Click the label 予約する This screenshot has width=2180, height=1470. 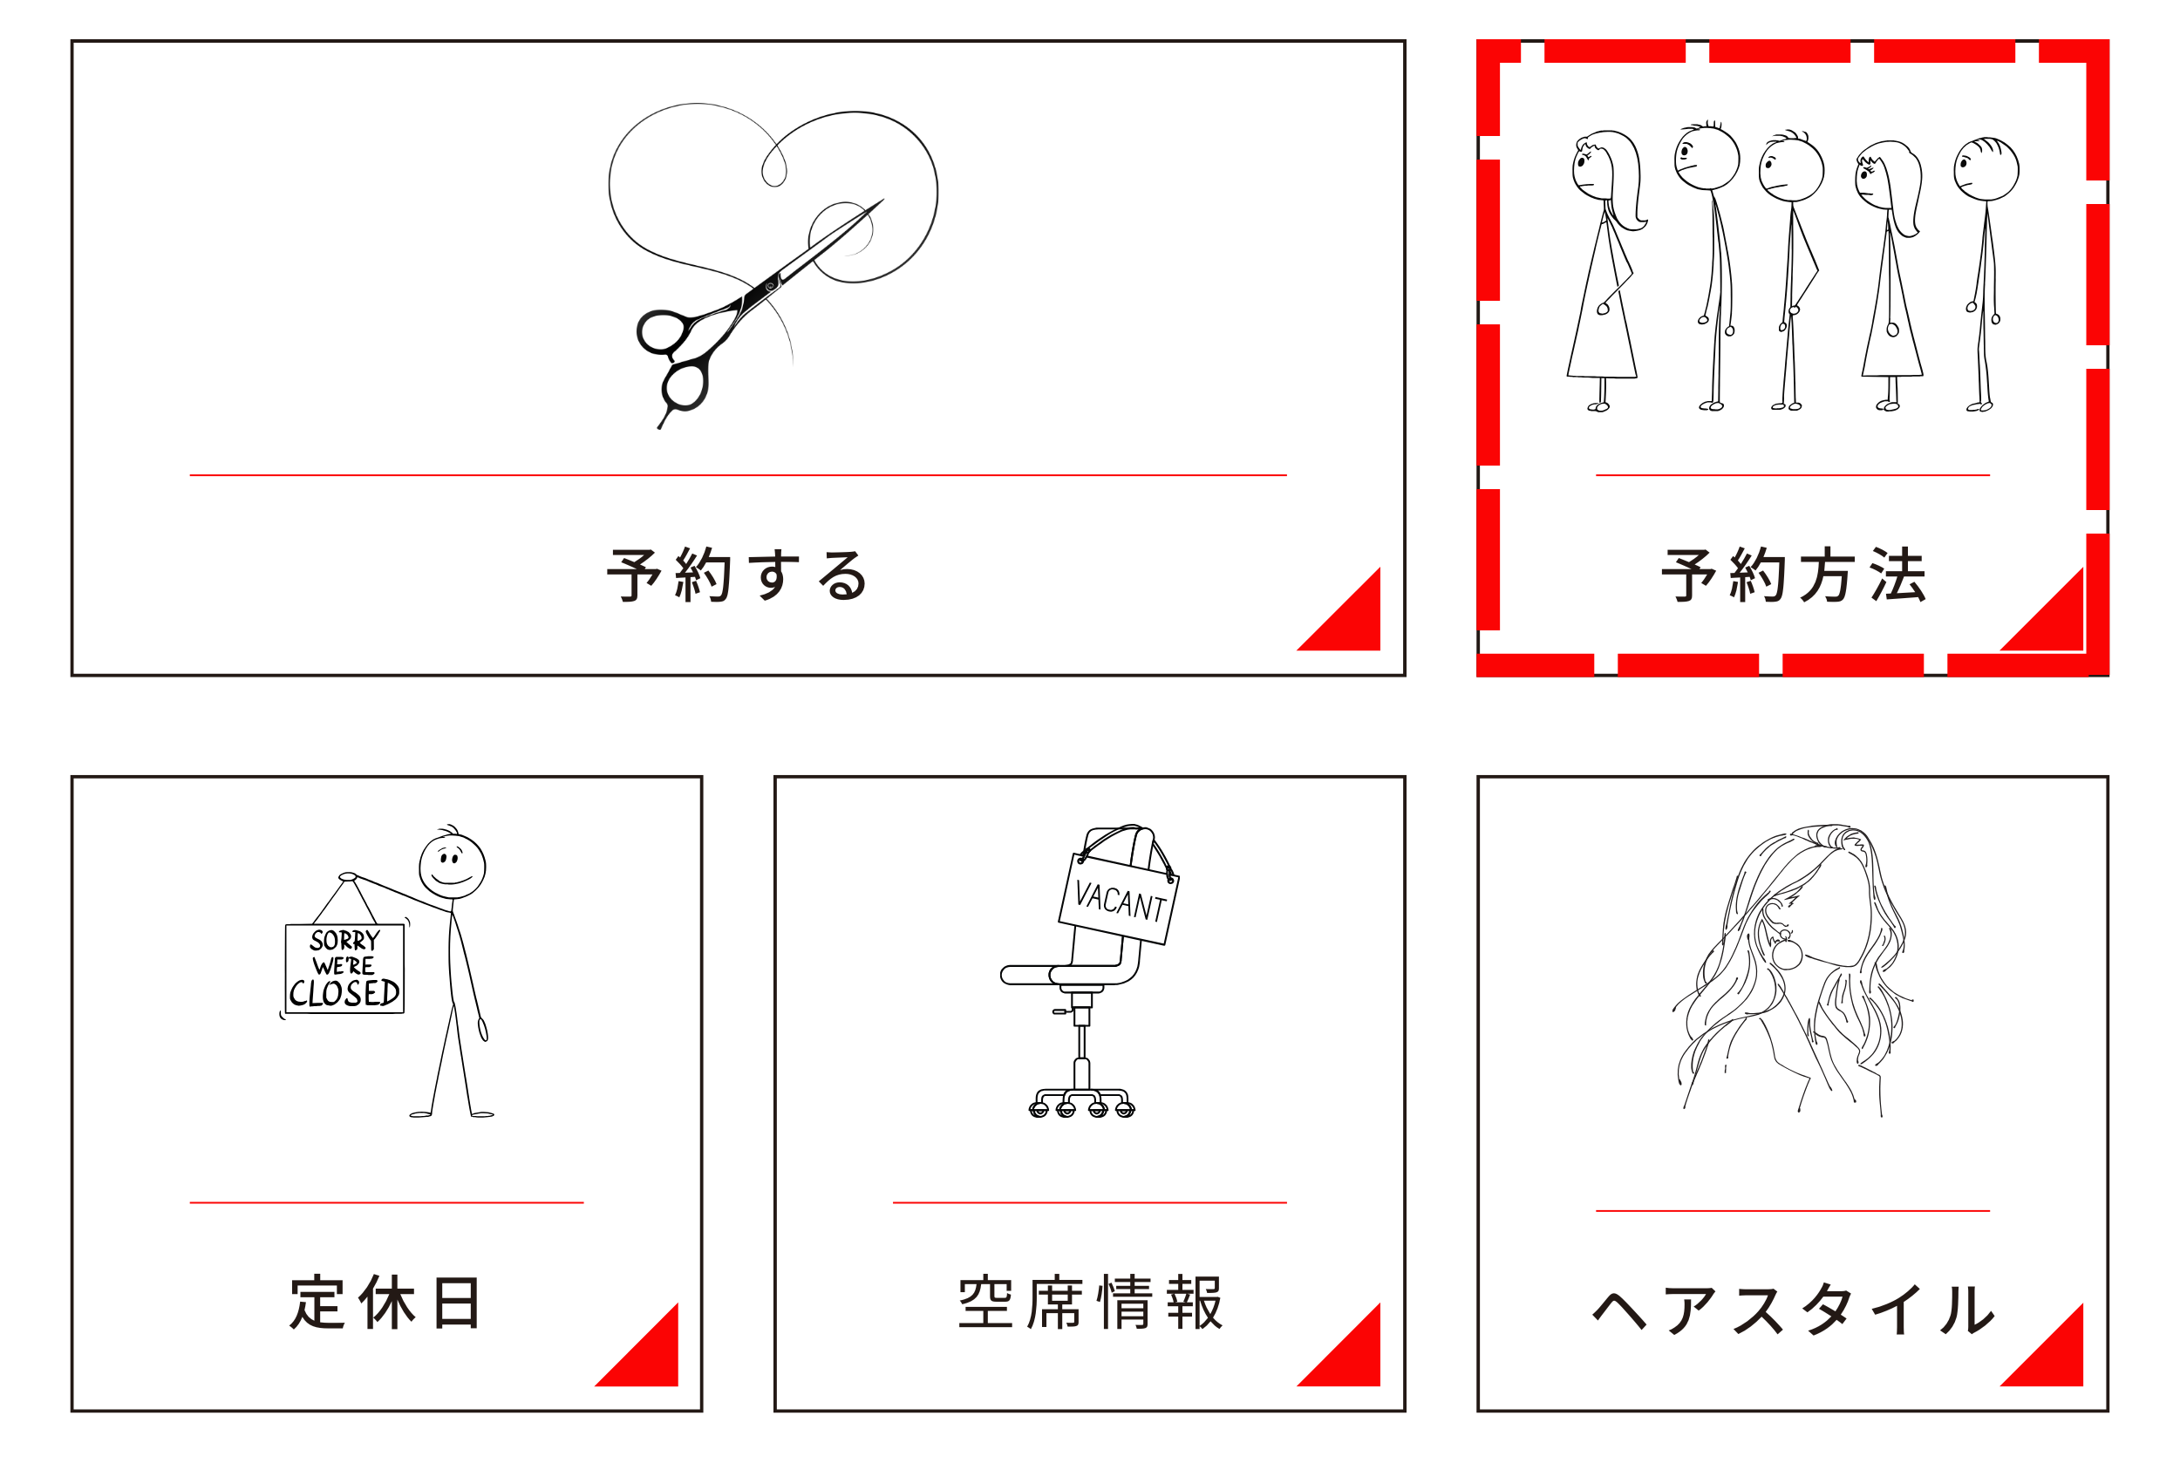pos(737,575)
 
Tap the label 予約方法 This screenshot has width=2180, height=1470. pos(1793,575)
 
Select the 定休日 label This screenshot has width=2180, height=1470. pos(385,1303)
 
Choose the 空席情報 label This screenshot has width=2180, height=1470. pos(1089,1303)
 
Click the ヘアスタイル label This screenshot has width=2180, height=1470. pos(1793,1309)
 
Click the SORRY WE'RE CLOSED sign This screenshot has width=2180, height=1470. pos(344,969)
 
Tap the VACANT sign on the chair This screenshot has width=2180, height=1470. pos(1119,898)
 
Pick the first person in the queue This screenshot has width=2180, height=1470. pos(1605,271)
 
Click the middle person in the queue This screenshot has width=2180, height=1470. pos(1791,270)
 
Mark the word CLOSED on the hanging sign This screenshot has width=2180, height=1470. pos(344,994)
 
